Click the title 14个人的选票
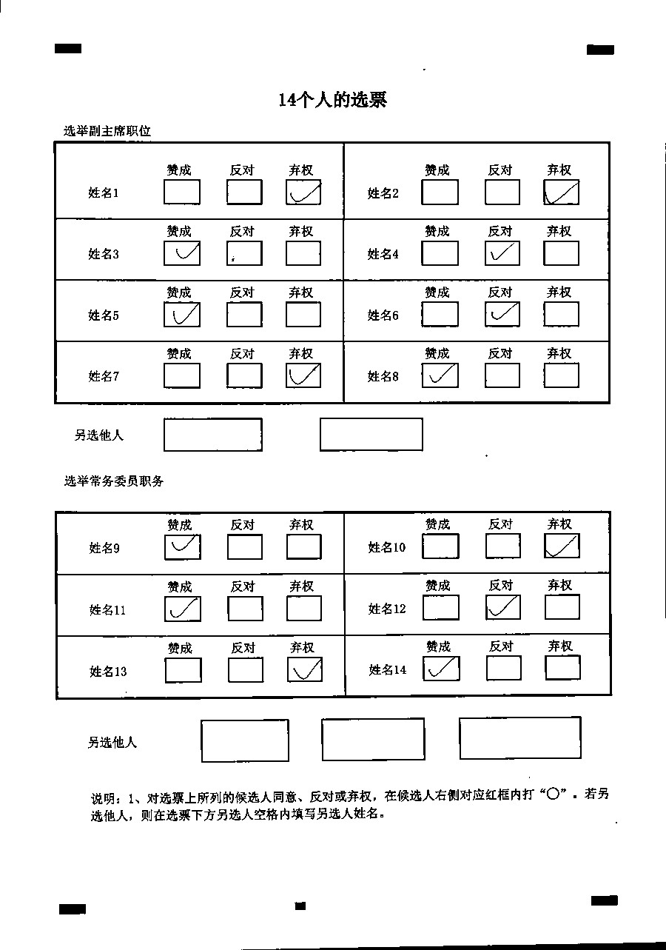click(x=332, y=100)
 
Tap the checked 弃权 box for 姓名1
click(x=303, y=192)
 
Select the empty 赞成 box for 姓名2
click(x=440, y=192)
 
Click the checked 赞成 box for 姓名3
click(x=182, y=253)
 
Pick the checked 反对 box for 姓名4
click(x=502, y=253)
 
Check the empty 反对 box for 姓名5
click(x=244, y=314)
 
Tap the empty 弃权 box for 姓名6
click(x=561, y=314)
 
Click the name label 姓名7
click(x=104, y=376)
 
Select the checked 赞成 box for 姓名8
click(x=440, y=375)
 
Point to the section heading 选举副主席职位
click(x=107, y=131)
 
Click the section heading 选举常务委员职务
click(x=114, y=481)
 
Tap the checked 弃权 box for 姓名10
click(x=562, y=546)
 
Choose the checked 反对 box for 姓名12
click(x=503, y=607)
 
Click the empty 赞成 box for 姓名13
click(x=183, y=670)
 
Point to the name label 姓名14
click(x=388, y=669)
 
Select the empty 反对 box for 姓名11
click(x=245, y=609)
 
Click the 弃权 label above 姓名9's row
click(x=301, y=525)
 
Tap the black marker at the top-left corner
click(x=68, y=49)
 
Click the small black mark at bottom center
click(x=300, y=906)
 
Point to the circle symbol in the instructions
click(x=554, y=794)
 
